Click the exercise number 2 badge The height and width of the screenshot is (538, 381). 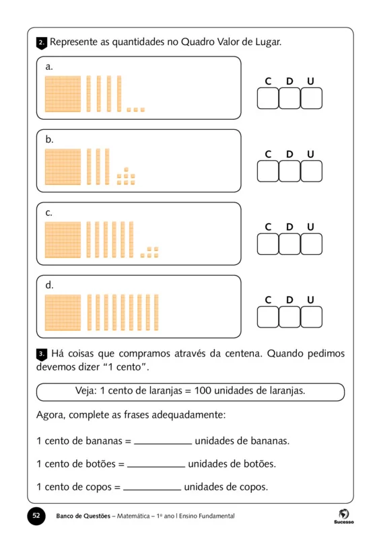[41, 43]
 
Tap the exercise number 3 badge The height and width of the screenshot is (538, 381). [41, 354]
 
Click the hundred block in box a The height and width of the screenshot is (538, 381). [63, 93]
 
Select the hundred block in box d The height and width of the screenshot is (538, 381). [63, 312]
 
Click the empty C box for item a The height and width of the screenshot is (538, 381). [268, 99]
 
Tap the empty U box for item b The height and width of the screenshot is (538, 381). [311, 171]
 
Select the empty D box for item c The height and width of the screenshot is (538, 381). [289, 244]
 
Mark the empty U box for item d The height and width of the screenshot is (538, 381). [311, 317]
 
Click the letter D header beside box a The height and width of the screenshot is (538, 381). [289, 81]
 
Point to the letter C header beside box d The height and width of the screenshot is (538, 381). [268, 300]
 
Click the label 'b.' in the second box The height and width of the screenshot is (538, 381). [49, 140]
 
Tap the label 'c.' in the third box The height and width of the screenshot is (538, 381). [49, 213]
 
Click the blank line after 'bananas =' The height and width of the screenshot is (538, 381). [163, 443]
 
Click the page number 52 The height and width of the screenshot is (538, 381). [37, 516]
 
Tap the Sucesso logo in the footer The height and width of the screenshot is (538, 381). [343, 516]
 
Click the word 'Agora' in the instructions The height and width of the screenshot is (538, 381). [51, 415]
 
